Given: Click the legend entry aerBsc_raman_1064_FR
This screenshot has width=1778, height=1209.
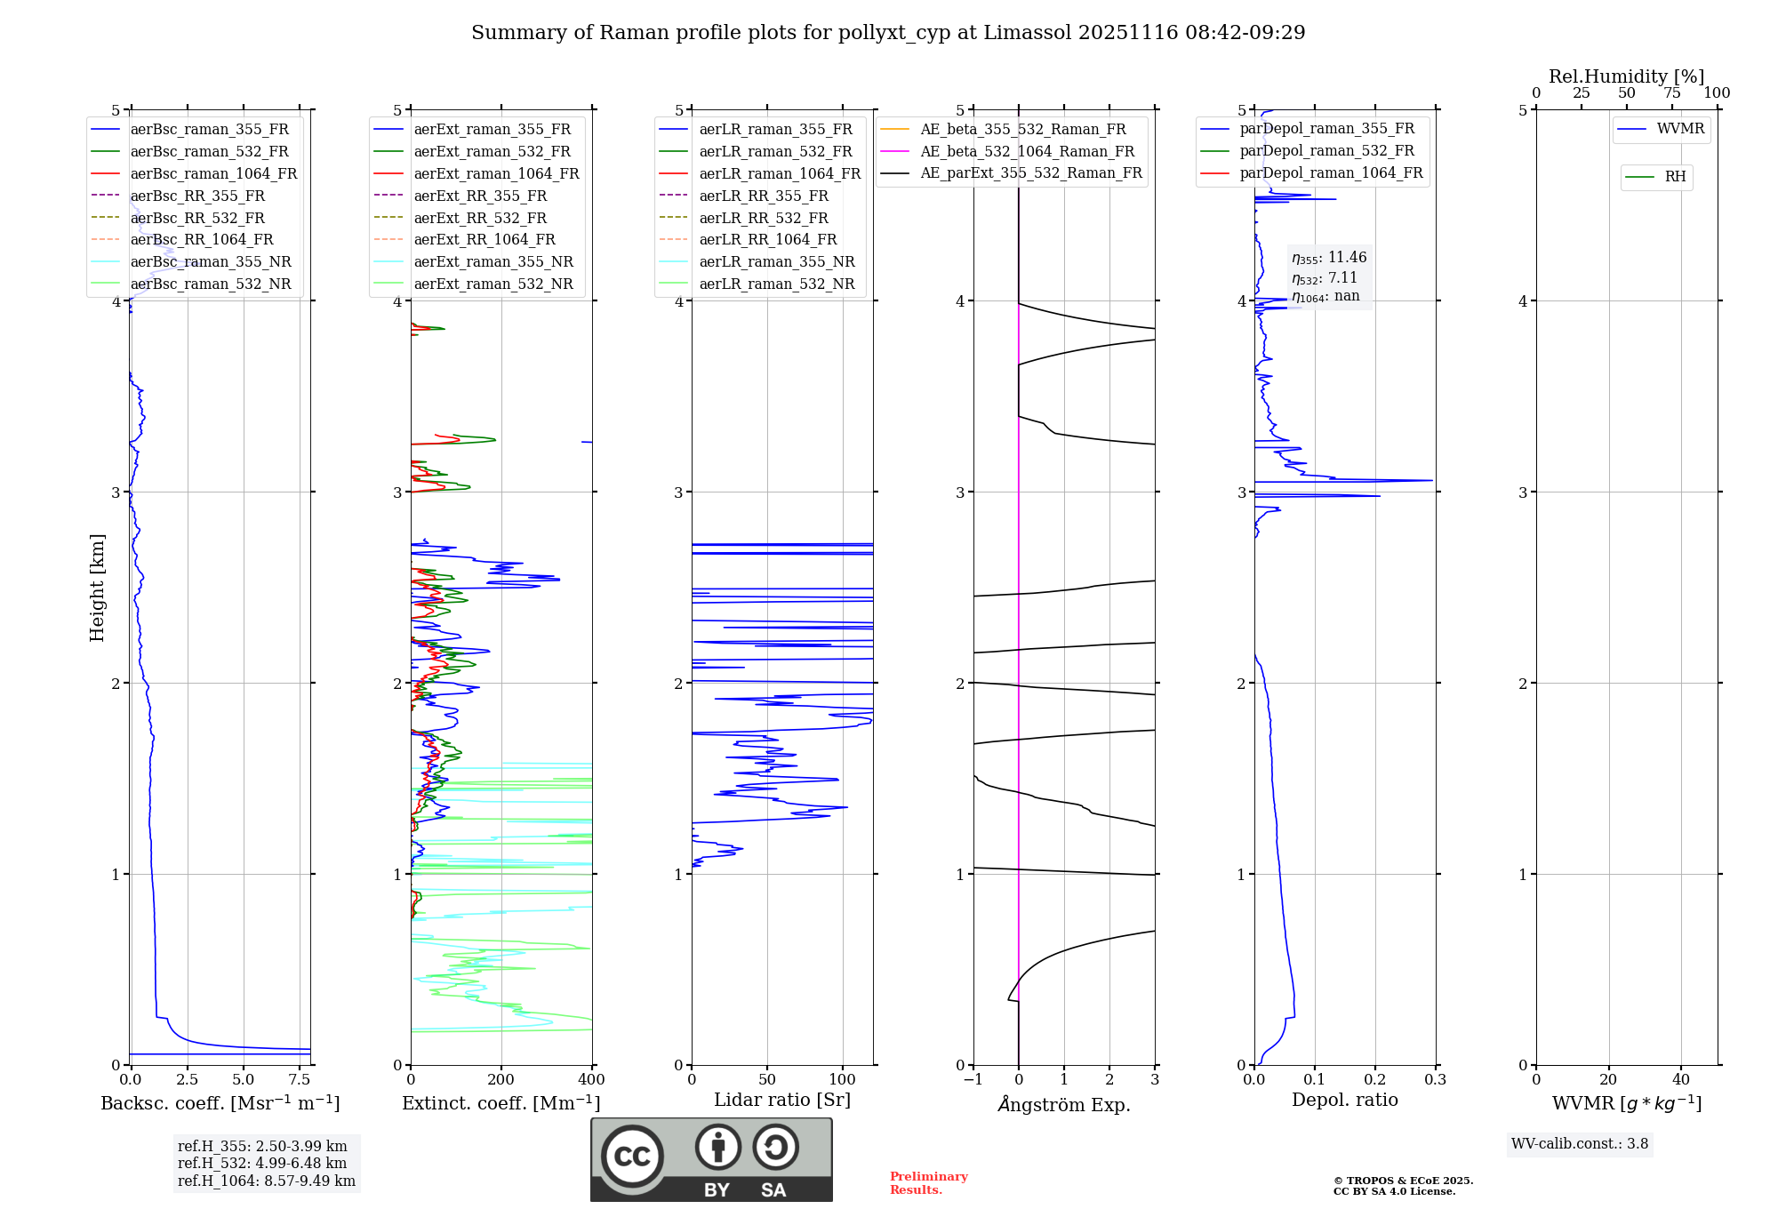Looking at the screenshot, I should (213, 174).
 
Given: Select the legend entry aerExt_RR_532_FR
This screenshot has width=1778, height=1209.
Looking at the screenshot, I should (480, 219).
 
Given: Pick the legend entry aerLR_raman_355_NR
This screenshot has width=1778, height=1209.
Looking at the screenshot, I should (776, 262).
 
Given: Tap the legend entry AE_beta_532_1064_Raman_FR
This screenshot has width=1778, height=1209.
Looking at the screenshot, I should (1027, 152).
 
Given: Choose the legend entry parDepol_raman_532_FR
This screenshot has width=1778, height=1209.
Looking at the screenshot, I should (1326, 151).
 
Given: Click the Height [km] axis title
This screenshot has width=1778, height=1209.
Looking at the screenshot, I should (97, 588).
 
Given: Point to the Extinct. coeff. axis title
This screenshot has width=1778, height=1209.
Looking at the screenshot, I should (501, 1103).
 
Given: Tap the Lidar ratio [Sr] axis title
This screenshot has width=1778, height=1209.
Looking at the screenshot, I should (782, 1100).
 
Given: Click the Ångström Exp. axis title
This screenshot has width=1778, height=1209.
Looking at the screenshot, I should (1064, 1105).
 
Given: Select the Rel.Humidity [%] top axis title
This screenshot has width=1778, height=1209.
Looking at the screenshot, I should (1626, 76).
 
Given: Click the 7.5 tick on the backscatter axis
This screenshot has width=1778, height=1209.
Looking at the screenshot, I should (300, 1080).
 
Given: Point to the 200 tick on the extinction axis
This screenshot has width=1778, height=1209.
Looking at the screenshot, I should (501, 1080).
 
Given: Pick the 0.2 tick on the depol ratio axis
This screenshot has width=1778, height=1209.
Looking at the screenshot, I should (1375, 1080).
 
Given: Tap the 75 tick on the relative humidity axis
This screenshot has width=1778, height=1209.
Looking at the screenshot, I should (1672, 93).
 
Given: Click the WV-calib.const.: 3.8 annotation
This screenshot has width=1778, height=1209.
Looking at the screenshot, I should (1580, 1144).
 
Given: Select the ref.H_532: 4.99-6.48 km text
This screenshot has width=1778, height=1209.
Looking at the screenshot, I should (262, 1164).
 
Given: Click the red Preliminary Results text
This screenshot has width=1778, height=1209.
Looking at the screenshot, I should (928, 1183).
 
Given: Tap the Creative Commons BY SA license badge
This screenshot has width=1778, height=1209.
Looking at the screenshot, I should (711, 1160).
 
